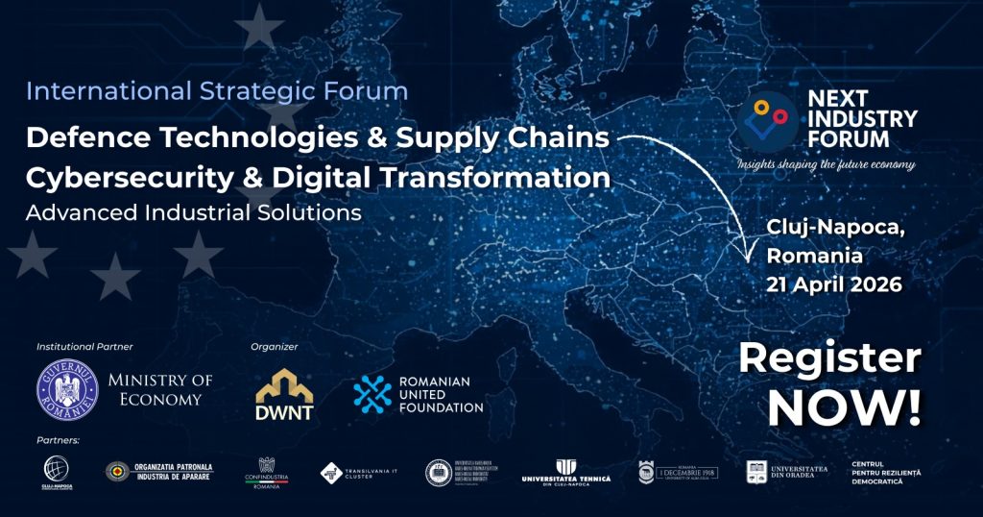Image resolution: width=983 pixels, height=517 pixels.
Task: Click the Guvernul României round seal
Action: (x=67, y=388)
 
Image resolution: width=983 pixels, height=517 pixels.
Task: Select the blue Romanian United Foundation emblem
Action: (x=372, y=394)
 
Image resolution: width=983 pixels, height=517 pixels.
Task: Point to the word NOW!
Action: (x=844, y=407)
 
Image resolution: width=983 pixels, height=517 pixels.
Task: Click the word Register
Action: (x=829, y=358)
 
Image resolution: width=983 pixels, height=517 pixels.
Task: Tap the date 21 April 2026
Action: (x=833, y=285)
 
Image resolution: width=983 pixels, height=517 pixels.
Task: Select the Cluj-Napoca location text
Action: (x=835, y=229)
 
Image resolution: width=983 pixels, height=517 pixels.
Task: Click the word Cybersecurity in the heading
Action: (x=132, y=179)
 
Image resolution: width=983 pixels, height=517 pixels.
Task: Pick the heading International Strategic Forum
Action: (x=217, y=92)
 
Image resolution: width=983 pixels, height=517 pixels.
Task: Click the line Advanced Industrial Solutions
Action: (x=194, y=212)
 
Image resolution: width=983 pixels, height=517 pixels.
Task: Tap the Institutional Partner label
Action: (x=84, y=346)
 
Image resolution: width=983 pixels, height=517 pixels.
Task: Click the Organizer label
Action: (x=275, y=346)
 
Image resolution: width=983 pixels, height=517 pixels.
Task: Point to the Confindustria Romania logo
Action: (x=267, y=473)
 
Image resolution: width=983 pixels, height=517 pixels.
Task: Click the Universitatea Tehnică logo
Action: (x=565, y=473)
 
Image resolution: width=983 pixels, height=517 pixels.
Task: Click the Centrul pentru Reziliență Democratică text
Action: (x=886, y=472)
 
